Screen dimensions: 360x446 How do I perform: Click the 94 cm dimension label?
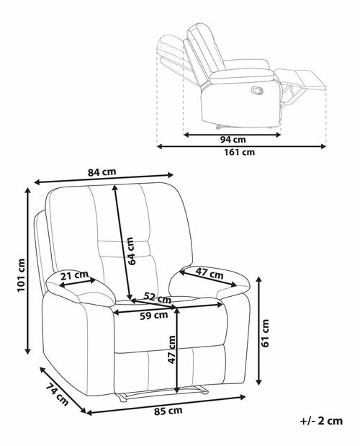tap(233, 140)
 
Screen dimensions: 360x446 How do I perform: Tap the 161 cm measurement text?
tap(239, 153)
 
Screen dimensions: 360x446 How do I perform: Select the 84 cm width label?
tap(102, 172)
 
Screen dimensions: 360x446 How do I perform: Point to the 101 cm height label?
tap(22, 275)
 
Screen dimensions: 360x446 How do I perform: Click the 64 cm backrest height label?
tap(130, 251)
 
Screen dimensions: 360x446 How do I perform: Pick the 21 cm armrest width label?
tap(74, 275)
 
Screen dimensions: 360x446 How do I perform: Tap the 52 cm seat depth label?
tap(158, 297)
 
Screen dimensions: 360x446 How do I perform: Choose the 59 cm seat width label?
tap(153, 315)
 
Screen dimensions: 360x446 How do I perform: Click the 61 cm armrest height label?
tap(265, 333)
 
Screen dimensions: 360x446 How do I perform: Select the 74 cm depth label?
tap(57, 395)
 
